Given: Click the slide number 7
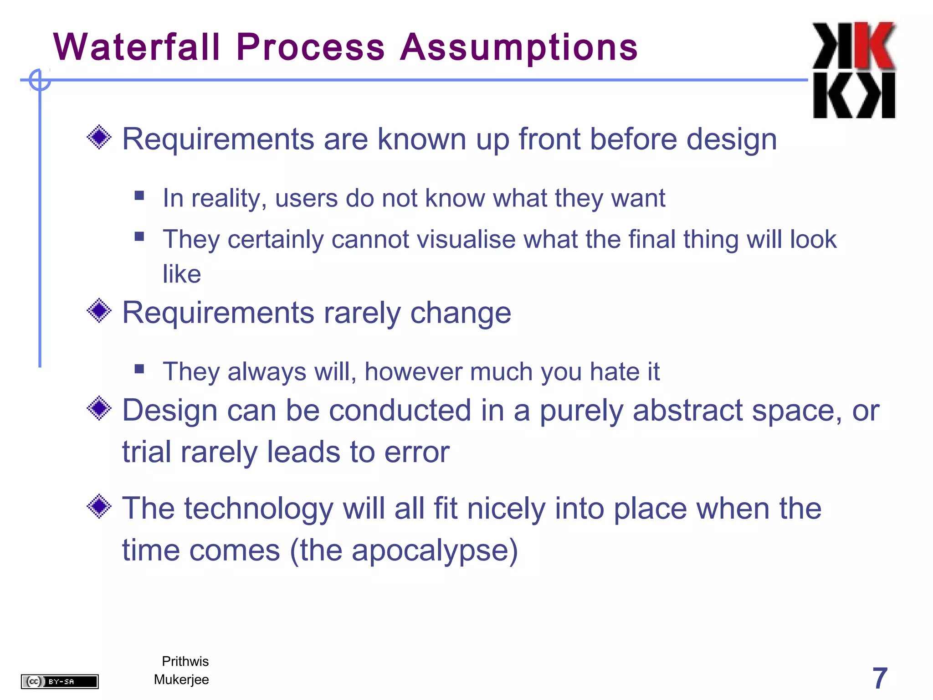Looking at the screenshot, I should pos(879,678).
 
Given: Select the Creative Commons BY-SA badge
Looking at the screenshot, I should pos(60,681).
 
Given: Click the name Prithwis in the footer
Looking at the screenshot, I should pos(185,661).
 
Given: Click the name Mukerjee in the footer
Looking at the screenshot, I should pos(181,679).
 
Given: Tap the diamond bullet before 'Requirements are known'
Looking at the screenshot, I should pos(99,137).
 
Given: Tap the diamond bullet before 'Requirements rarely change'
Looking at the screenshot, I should pos(99,311).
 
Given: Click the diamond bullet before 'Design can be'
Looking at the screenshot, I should pos(99,408).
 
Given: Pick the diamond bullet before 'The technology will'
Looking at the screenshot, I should pos(99,506).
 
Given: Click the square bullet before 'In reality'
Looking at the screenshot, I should pos(139,196).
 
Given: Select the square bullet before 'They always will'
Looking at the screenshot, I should pos(139,369).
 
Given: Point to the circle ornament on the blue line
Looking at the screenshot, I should pos(40,80).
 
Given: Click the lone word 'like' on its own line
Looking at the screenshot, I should pos(182,274).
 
